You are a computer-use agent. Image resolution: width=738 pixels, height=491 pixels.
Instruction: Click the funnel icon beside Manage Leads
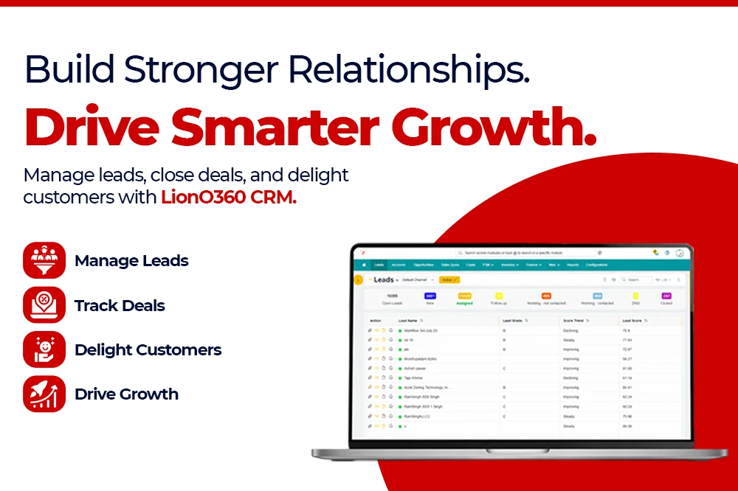[x=44, y=261]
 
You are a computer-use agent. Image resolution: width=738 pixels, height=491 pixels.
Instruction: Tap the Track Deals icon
[x=44, y=305]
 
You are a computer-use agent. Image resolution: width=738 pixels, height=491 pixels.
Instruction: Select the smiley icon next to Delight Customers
[x=44, y=349]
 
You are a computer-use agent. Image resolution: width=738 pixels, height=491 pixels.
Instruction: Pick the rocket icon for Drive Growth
[x=44, y=394]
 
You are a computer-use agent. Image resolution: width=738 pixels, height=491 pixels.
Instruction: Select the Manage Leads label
[x=131, y=261]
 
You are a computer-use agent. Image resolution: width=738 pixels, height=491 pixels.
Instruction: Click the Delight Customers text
[x=148, y=349]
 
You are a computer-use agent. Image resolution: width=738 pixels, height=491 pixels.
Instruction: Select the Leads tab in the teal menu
[x=379, y=265]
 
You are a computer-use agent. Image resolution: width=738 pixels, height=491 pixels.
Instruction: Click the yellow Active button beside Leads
[x=449, y=280]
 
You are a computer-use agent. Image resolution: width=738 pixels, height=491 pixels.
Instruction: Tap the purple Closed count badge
[x=666, y=296]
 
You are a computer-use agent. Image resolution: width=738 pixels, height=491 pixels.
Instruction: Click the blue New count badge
[x=430, y=296]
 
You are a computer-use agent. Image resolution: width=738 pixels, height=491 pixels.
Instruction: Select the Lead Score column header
[x=633, y=321]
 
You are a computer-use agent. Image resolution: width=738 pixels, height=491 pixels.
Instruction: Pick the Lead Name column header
[x=408, y=321]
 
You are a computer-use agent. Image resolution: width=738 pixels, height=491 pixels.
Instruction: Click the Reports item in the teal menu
[x=573, y=265]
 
